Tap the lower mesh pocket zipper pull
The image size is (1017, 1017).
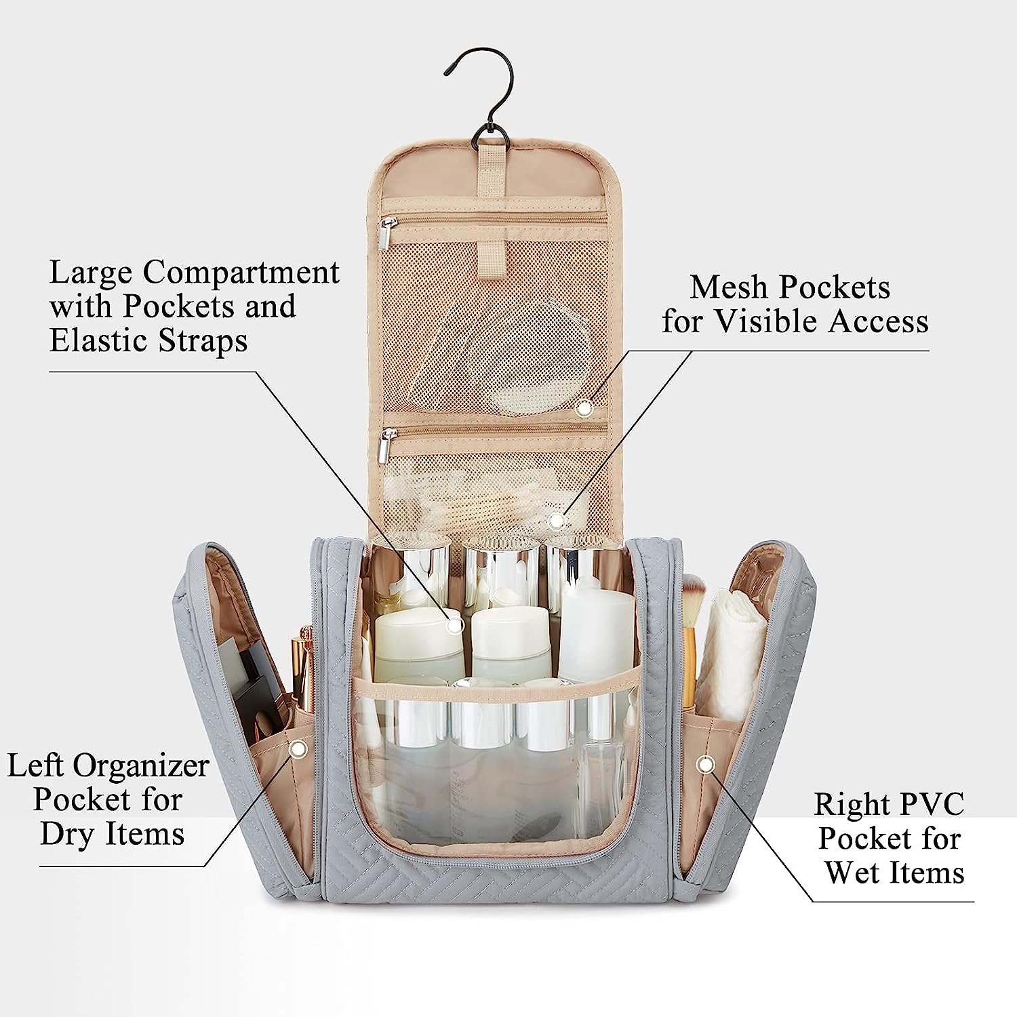[384, 447]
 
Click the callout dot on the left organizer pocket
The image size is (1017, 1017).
[297, 749]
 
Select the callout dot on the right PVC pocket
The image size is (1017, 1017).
[706, 765]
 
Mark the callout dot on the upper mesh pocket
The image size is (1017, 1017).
[584, 407]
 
